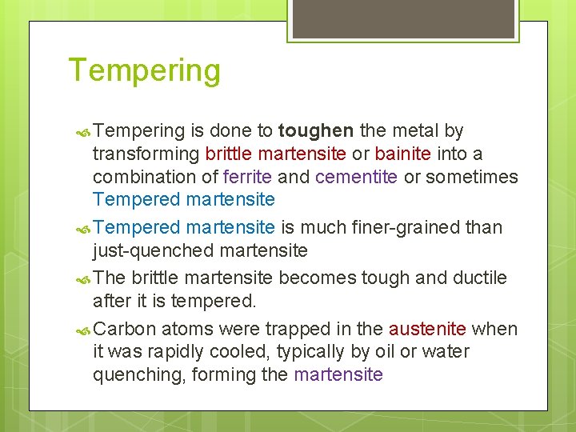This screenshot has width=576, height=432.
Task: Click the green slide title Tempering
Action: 144,70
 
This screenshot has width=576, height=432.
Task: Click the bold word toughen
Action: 316,130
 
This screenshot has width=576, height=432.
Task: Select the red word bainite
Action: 402,154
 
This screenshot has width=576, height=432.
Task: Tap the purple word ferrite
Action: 250,176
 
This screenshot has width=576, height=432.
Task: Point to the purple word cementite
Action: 356,176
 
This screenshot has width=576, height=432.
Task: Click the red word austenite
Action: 427,329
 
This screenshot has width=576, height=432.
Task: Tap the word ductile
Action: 478,278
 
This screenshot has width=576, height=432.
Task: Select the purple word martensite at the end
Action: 338,374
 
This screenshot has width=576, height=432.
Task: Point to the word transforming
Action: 146,154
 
